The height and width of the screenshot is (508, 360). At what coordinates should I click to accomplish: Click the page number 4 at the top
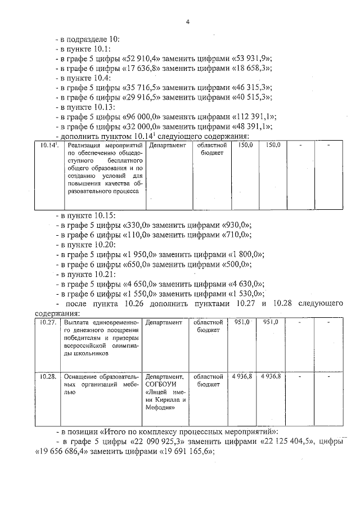click(188, 22)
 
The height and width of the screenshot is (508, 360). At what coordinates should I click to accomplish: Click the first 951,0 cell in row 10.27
click(243, 322)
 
